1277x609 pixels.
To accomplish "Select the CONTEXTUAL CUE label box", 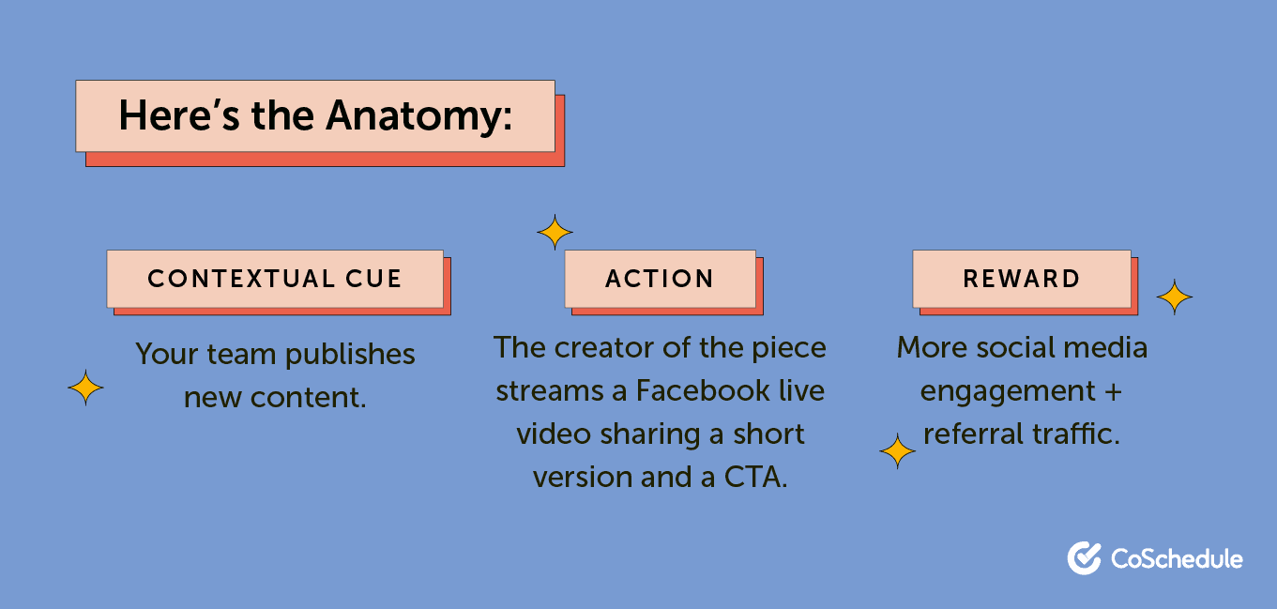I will pyautogui.click(x=275, y=279).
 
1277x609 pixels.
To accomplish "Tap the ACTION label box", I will pyautogui.click(x=660, y=279).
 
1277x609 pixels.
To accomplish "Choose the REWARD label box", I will pyautogui.click(x=1021, y=279).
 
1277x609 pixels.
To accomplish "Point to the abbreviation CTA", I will pyautogui.click(x=754, y=477).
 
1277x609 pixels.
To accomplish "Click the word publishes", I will pyautogui.click(x=350, y=355).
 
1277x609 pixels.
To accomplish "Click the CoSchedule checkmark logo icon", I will pyautogui.click(x=1084, y=558).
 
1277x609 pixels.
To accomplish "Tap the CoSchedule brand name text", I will pyautogui.click(x=1177, y=559).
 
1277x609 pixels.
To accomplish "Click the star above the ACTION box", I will pyautogui.click(x=555, y=232).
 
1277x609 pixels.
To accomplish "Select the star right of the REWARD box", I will pyautogui.click(x=1174, y=297).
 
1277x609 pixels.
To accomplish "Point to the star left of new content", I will pyautogui.click(x=85, y=388).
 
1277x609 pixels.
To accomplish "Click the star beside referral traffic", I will pyautogui.click(x=897, y=452).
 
